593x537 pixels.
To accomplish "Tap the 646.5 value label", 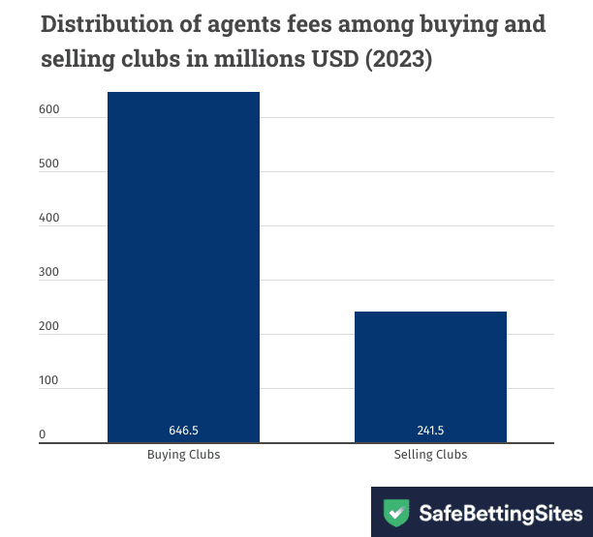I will coord(183,431).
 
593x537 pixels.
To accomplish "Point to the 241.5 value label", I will coord(430,431).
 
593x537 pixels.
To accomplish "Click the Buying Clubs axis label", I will coord(183,454).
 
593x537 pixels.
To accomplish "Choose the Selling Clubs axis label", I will coord(430,454).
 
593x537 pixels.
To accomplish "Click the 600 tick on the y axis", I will coord(48,110).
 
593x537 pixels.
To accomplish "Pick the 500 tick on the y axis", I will coord(48,164).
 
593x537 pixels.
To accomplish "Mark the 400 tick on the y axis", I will coord(48,219).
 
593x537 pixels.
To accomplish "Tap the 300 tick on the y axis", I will coord(48,273).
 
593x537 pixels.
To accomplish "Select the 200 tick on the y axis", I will coord(48,327).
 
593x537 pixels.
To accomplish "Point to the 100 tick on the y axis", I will coord(48,381).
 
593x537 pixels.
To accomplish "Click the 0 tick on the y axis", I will coord(43,435).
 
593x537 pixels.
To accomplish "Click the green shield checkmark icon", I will coord(395,512).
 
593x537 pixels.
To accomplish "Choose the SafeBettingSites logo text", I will coord(499,512).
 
